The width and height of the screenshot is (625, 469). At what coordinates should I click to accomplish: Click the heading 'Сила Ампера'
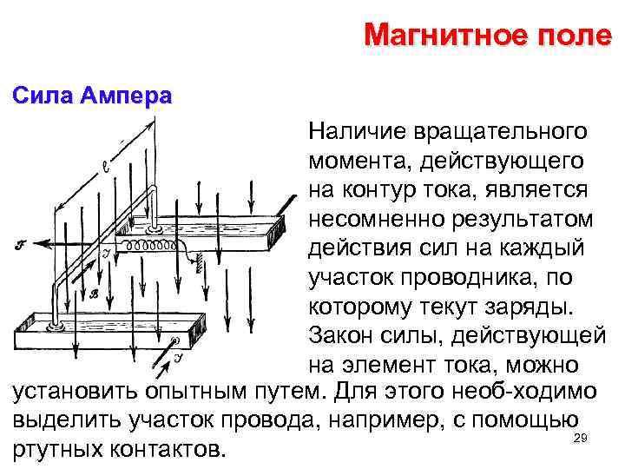pyautogui.click(x=92, y=96)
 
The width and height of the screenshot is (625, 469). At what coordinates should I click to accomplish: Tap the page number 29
pyautogui.click(x=581, y=439)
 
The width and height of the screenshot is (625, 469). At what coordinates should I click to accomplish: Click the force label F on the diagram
pyautogui.click(x=20, y=246)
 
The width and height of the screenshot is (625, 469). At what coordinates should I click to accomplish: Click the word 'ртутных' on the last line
pyautogui.click(x=58, y=451)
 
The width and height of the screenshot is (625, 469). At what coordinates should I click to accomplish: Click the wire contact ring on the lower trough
pyautogui.click(x=56, y=329)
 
